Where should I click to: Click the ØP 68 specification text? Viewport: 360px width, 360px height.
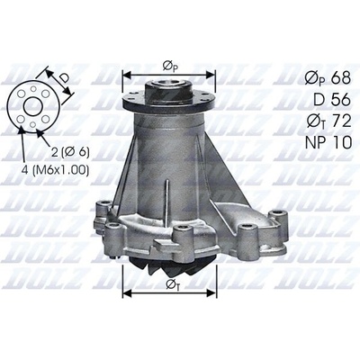[x=328, y=78]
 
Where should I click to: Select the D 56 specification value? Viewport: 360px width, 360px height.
[x=332, y=100]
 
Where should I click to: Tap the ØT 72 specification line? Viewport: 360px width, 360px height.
[x=328, y=121]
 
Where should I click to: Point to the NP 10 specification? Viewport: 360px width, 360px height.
[x=328, y=143]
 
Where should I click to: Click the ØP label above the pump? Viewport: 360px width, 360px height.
[x=170, y=67]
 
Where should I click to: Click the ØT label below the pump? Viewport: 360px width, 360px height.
[x=174, y=284]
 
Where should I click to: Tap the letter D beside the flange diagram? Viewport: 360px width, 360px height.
[x=64, y=78]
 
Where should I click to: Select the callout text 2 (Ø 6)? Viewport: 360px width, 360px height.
[x=70, y=152]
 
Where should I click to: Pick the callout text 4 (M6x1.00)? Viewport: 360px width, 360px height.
[x=55, y=170]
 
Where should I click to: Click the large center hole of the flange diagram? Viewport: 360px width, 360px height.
[x=32, y=106]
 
